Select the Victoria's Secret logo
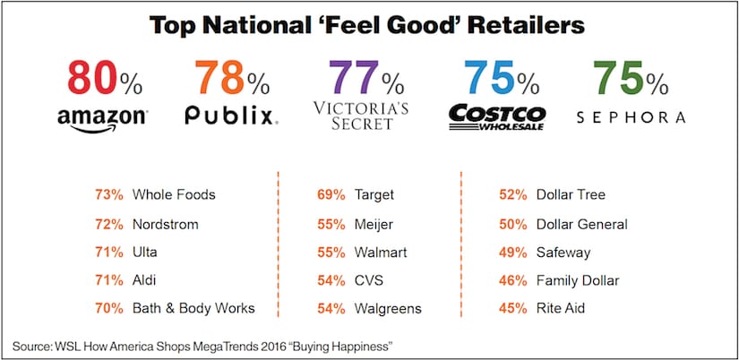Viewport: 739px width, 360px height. (360, 116)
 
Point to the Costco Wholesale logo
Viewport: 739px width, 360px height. (496, 118)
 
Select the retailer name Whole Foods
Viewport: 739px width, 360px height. (174, 194)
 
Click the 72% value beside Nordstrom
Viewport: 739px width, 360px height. (108, 223)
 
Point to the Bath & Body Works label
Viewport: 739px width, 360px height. (193, 308)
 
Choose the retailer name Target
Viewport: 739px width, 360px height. (376, 194)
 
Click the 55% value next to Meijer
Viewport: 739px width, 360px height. (331, 223)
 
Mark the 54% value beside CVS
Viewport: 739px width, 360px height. (331, 280)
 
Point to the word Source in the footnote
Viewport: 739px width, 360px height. (32, 346)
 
